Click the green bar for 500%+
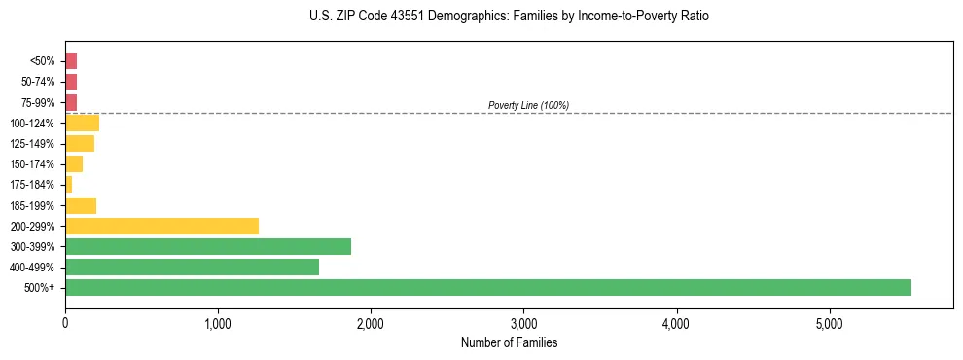pyautogui.click(x=487, y=287)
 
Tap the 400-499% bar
pyautogui.click(x=192, y=267)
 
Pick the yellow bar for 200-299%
pyautogui.click(x=161, y=226)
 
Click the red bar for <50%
pyautogui.click(x=71, y=61)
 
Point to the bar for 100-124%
pyautogui.click(x=82, y=123)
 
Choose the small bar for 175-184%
pyautogui.click(x=68, y=185)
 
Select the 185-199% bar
pyautogui.click(x=81, y=205)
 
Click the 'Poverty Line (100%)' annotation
pyautogui.click(x=528, y=105)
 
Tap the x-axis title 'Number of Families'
pyautogui.click(x=509, y=342)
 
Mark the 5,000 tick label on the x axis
pyautogui.click(x=829, y=323)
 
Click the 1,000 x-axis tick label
pyautogui.click(x=218, y=323)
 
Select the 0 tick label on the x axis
pyautogui.click(x=65, y=323)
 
